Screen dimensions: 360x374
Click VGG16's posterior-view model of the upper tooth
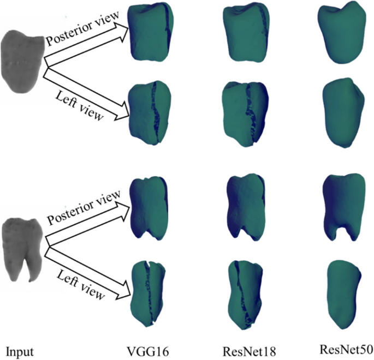[x=149, y=32]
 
